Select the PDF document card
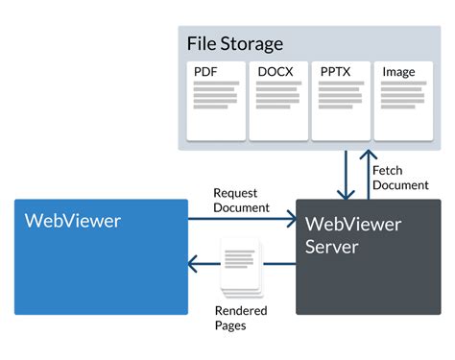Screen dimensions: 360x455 (x=216, y=100)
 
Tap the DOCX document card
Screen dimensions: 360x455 (x=278, y=100)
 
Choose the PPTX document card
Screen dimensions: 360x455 (x=340, y=100)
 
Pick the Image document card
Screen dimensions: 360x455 (x=402, y=100)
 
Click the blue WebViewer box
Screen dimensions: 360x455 (x=101, y=256)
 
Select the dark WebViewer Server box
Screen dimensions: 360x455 (x=368, y=256)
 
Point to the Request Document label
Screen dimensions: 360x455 (x=241, y=200)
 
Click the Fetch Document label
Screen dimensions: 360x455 (x=400, y=178)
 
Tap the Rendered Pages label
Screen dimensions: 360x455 (x=241, y=318)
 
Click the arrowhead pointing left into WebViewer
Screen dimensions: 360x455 (x=195, y=263)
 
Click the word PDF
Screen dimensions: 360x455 (x=205, y=72)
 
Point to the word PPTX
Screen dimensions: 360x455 (x=336, y=72)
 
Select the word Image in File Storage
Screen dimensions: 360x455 (x=398, y=72)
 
